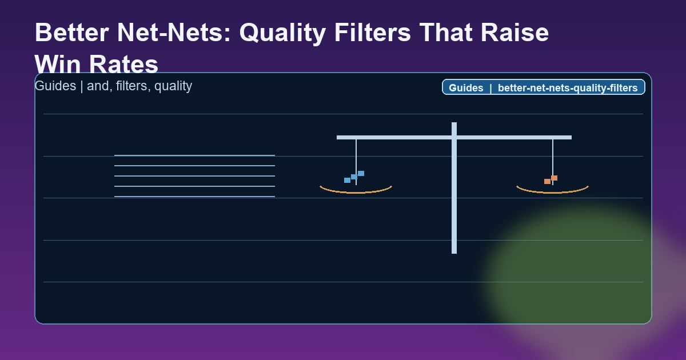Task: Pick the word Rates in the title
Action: [126, 65]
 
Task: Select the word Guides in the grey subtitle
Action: [54, 86]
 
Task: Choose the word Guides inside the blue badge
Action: [466, 88]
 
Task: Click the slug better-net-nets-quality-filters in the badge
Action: [568, 88]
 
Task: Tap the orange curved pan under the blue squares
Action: [356, 191]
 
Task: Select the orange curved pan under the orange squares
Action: [552, 191]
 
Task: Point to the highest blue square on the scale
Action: [361, 173]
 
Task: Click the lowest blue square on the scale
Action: [347, 180]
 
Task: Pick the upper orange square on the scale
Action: [554, 178]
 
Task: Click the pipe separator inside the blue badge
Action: [490, 88]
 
